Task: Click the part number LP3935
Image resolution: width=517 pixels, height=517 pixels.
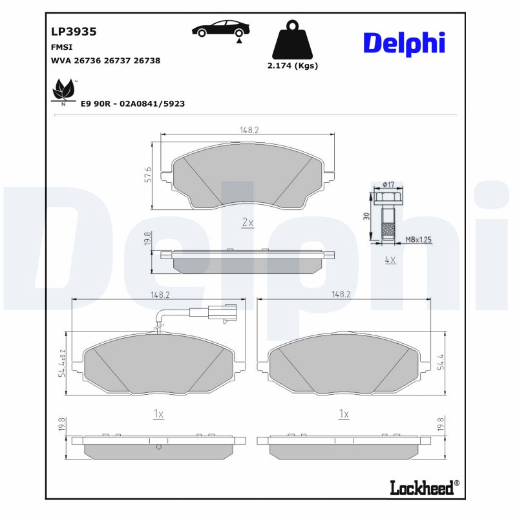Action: pyautogui.click(x=74, y=31)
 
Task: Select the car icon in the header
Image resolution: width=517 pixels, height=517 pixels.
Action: pyautogui.click(x=219, y=30)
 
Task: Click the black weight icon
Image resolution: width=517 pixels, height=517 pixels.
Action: pyautogui.click(x=292, y=41)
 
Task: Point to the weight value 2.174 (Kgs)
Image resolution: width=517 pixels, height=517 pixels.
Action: pyautogui.click(x=292, y=65)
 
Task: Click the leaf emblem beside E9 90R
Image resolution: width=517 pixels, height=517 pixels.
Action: pyautogui.click(x=63, y=90)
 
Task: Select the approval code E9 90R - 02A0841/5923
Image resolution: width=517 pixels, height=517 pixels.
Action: pyautogui.click(x=132, y=103)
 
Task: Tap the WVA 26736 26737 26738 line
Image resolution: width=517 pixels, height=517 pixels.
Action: pyautogui.click(x=105, y=60)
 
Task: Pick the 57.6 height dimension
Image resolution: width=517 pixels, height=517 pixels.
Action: pyautogui.click(x=148, y=175)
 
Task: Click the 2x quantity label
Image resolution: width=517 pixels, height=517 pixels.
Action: pyautogui.click(x=248, y=222)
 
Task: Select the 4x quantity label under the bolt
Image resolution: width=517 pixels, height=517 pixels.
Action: pyautogui.click(x=390, y=260)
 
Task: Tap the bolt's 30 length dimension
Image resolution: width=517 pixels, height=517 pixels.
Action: pyautogui.click(x=366, y=216)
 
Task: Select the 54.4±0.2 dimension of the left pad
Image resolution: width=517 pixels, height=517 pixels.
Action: pyautogui.click(x=63, y=363)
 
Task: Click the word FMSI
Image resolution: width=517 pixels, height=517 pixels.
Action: pyautogui.click(x=61, y=47)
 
